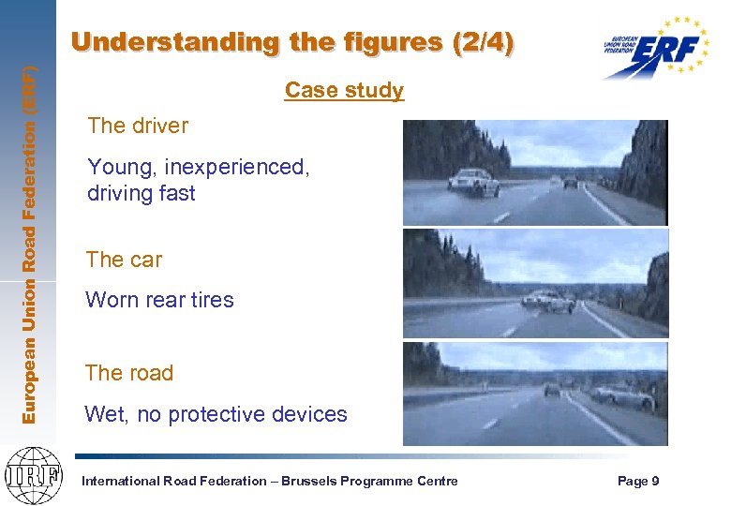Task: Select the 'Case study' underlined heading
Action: pyautogui.click(x=344, y=91)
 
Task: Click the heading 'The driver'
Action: pyautogui.click(x=137, y=126)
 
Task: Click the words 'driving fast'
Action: pyautogui.click(x=141, y=193)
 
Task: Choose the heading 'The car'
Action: pyautogui.click(x=124, y=260)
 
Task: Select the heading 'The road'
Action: pyautogui.click(x=129, y=373)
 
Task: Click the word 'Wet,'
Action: pyautogui.click(x=107, y=414)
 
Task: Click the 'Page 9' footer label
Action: pyautogui.click(x=638, y=481)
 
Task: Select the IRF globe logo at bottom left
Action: pyautogui.click(x=33, y=473)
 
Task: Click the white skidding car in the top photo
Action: pyautogui.click(x=474, y=183)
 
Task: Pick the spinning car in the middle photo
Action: pyautogui.click(x=547, y=301)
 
